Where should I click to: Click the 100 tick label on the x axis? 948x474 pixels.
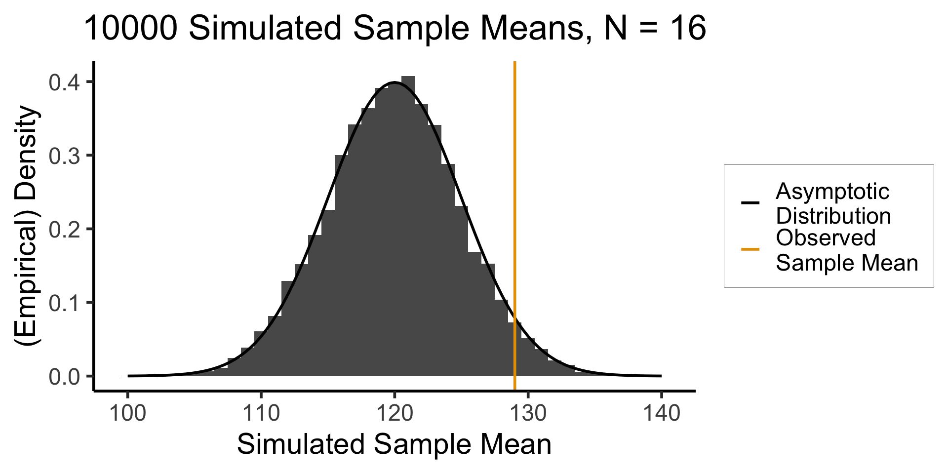pos(128,413)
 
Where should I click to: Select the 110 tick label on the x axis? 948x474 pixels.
pos(261,413)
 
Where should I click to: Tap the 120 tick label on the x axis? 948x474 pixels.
pos(395,413)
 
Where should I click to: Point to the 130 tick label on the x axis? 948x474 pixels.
pos(528,413)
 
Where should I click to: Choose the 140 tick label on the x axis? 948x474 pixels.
pos(661,413)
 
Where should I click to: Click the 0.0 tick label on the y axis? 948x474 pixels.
pos(64,377)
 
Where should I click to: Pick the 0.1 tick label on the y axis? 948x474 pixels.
pos(64,303)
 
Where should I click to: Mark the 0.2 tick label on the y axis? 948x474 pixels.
pos(64,229)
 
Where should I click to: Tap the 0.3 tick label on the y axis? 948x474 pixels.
pos(64,156)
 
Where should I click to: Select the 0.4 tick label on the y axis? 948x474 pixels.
pos(64,82)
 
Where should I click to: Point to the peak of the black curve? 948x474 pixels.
pos(395,82)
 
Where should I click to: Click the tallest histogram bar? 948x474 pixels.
pos(408,222)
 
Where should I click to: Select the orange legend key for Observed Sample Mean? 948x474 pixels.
pos(750,249)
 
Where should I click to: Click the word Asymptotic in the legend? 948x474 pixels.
pos(832,192)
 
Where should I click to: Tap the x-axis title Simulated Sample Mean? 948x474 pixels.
pos(394,444)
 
